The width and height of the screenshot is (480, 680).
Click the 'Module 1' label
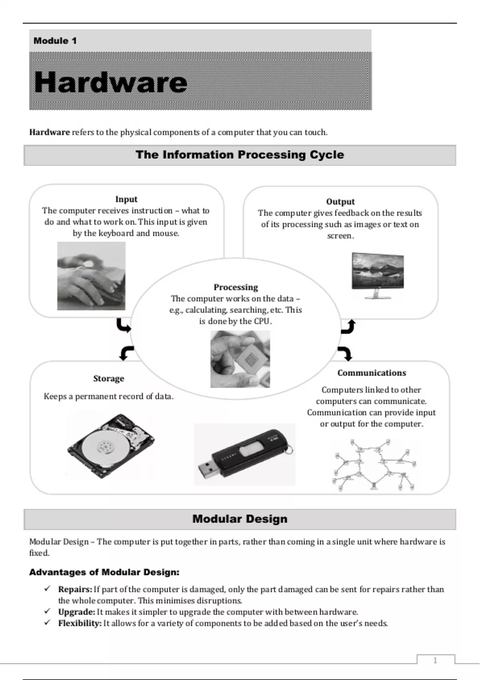[55, 41]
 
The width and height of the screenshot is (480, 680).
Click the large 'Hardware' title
[111, 82]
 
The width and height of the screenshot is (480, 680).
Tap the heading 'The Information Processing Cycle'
[240, 155]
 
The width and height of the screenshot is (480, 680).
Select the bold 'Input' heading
[126, 199]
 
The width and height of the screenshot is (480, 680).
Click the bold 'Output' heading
[340, 202]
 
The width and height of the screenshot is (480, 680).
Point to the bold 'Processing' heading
[236, 287]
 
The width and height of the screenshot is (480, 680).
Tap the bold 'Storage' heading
[108, 378]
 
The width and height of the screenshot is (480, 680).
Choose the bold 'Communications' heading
[372, 373]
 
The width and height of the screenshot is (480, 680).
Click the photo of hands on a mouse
[91, 276]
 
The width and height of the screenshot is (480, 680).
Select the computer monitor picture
[378, 276]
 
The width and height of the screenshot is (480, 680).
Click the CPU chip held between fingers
[240, 359]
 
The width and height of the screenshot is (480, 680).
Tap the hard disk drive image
[111, 446]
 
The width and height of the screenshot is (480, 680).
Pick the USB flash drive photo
[245, 455]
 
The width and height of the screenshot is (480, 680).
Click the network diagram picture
[374, 464]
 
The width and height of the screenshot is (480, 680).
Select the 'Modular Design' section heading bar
[240, 519]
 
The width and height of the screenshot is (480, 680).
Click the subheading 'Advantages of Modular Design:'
[104, 572]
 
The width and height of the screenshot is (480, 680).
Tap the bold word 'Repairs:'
[75, 589]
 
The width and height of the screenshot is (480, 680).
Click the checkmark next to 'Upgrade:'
[48, 612]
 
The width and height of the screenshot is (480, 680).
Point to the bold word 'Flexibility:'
[80, 623]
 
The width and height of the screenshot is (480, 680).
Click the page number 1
[435, 660]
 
